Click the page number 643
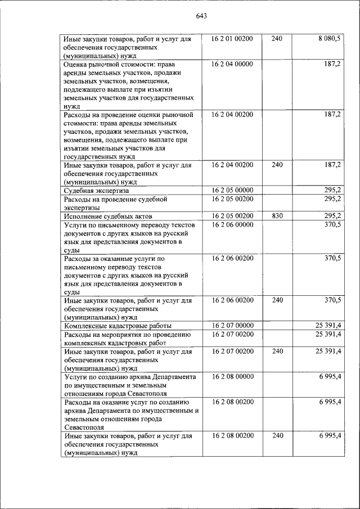(x=202, y=16)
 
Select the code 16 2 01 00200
(x=232, y=39)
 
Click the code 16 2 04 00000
(x=232, y=64)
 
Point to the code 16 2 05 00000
(x=232, y=190)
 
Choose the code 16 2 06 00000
(x=232, y=224)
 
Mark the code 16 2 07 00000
(x=232, y=325)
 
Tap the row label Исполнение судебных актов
(x=108, y=216)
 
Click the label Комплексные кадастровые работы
(x=118, y=326)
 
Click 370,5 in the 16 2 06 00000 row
(x=332, y=224)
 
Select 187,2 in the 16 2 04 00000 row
(x=332, y=64)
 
